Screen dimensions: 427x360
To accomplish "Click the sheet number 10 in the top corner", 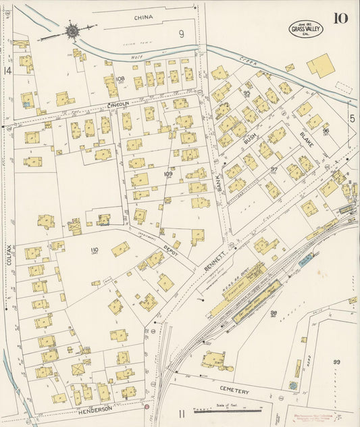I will tap(340, 18).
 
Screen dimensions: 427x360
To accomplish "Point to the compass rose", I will tap(72, 30).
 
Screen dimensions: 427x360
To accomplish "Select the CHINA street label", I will tap(143, 16).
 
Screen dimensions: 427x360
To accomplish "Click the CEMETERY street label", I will tap(234, 392).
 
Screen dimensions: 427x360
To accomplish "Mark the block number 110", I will tap(94, 250).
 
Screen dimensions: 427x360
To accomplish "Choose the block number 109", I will tap(168, 174).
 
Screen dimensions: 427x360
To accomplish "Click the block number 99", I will tap(336, 362).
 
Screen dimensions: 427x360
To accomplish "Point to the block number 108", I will tap(120, 78).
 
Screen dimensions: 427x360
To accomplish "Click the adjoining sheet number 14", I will tap(7, 70).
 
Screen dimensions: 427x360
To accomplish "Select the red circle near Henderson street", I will tap(146, 407).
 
